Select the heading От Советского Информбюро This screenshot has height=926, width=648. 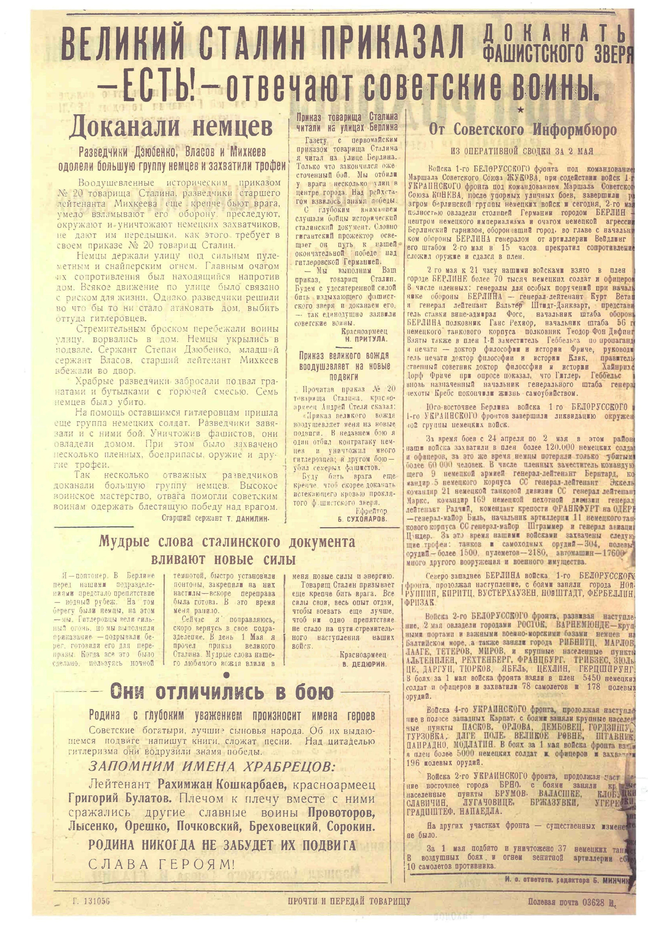click(x=523, y=130)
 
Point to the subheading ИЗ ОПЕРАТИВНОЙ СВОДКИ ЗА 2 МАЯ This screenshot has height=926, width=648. click(x=522, y=151)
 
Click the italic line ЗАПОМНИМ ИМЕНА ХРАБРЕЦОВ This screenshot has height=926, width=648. click(x=211, y=766)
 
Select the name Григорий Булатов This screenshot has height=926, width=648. click(x=119, y=798)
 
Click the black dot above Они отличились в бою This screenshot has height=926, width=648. click(x=226, y=676)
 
